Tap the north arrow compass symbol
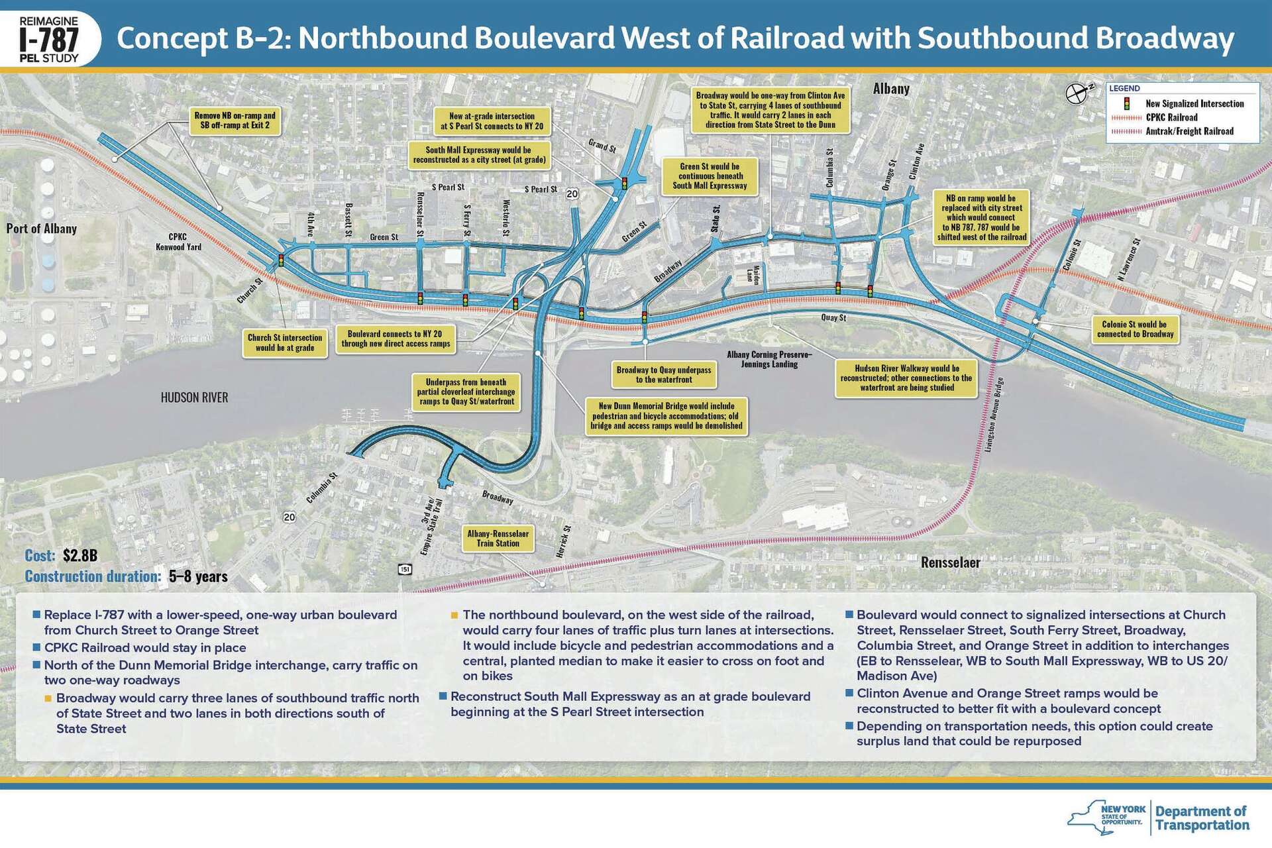tap(1078, 93)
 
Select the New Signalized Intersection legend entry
tap(1186, 104)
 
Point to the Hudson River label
tap(194, 397)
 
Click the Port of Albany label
tap(42, 229)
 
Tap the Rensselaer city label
tap(950, 562)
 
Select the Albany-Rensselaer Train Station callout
tap(498, 539)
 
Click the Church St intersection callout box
tap(285, 343)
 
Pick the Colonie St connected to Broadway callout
tap(1135, 329)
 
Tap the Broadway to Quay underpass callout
tap(664, 375)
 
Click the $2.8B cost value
tap(80, 555)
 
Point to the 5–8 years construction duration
tap(198, 576)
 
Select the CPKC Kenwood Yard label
tap(178, 242)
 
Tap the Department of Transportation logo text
tap(1202, 818)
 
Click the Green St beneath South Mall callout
tap(710, 176)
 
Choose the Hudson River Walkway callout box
tap(906, 378)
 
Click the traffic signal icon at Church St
tap(281, 260)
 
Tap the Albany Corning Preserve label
tap(768, 359)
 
